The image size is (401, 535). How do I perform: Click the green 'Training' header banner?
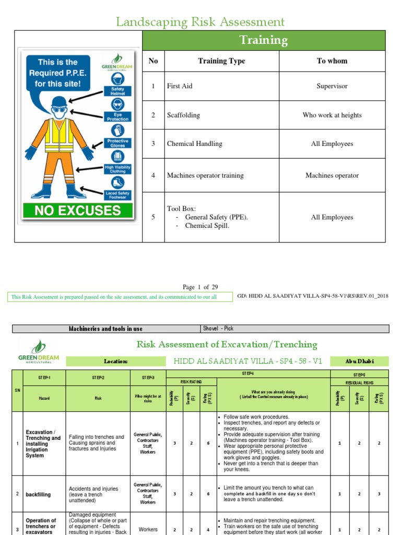pyautogui.click(x=264, y=40)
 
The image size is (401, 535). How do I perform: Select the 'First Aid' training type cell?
pyautogui.click(x=179, y=86)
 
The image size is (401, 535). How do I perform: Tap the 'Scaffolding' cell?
pyautogui.click(x=183, y=115)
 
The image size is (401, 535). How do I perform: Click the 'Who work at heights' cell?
pyautogui.click(x=332, y=115)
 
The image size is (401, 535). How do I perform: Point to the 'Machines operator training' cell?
pyautogui.click(x=205, y=176)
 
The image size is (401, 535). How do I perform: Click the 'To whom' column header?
pyautogui.click(x=332, y=61)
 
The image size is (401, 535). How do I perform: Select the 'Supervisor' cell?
pyautogui.click(x=332, y=86)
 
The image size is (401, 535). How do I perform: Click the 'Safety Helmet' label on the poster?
pyautogui.click(x=117, y=91)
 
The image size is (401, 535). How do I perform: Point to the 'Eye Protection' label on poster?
pyautogui.click(x=117, y=117)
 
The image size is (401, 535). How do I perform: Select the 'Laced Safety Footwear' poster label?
pyautogui.click(x=117, y=195)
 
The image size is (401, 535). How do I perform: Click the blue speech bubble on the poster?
pyautogui.click(x=57, y=73)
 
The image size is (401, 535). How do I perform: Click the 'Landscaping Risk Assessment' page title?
pyautogui.click(x=200, y=22)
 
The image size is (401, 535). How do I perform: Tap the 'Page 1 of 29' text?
pyautogui.click(x=200, y=287)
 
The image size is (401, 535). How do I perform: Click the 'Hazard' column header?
pyautogui.click(x=44, y=398)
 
